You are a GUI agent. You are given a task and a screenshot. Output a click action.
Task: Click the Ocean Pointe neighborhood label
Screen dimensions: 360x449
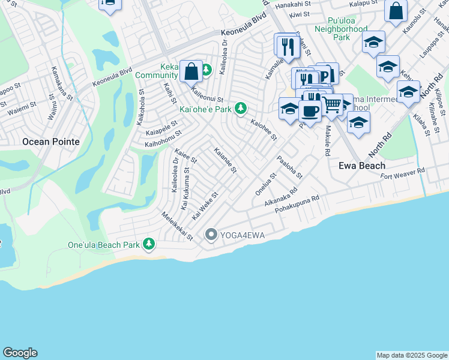click(x=50, y=142)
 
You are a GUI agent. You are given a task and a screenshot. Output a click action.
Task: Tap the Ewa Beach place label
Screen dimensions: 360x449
click(x=361, y=165)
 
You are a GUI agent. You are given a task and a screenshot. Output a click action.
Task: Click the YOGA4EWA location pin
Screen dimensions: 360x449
click(x=211, y=234)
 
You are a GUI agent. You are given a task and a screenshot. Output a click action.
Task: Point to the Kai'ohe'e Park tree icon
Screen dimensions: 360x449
click(x=241, y=109)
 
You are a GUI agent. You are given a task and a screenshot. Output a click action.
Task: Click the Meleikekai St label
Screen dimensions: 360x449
click(x=177, y=225)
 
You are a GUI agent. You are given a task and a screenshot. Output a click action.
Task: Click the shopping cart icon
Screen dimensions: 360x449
click(x=331, y=105)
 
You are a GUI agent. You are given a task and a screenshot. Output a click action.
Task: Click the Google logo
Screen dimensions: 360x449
click(x=20, y=353)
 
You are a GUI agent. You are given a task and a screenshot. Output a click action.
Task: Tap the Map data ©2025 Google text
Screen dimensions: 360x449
click(x=412, y=355)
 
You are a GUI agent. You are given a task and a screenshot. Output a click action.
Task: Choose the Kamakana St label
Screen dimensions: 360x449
click(x=62, y=83)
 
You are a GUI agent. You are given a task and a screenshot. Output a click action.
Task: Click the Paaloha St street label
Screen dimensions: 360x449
click(x=289, y=167)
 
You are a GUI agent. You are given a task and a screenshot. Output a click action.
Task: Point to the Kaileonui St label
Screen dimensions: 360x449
click(x=207, y=95)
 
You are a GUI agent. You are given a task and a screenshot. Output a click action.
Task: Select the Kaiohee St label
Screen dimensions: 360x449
click(x=264, y=129)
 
